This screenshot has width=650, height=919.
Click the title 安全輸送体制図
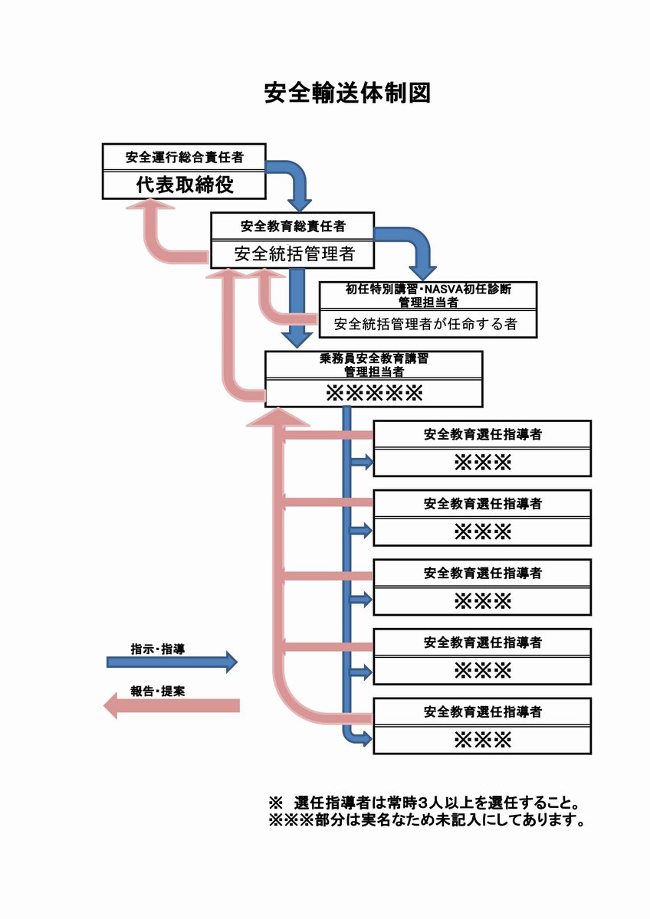point(346,93)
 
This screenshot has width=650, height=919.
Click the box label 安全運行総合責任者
point(185,158)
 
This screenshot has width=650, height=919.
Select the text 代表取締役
point(185,185)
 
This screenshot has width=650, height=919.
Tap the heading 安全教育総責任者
point(292,226)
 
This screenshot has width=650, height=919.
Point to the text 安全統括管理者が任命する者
point(426,324)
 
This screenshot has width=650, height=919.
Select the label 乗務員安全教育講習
point(373,358)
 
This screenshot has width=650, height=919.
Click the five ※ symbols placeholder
point(374,394)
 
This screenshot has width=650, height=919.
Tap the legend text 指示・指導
point(157,648)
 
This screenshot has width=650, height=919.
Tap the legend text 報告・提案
point(157,690)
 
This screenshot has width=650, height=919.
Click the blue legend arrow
point(172,662)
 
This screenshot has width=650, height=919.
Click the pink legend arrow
point(172,705)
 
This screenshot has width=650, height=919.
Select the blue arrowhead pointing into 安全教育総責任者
point(300,202)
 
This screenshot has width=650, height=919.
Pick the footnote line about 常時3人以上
point(423,804)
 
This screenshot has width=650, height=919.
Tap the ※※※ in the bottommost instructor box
point(482,740)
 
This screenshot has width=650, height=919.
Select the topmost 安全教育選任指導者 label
point(482,434)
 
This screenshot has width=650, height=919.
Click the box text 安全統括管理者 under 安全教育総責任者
point(292,253)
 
